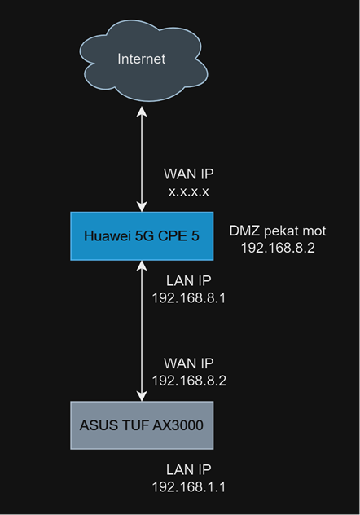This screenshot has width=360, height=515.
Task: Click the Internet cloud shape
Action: coord(143,61)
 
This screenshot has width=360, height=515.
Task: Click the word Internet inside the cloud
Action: coord(142,59)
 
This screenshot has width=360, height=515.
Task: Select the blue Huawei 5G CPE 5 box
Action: coord(142,236)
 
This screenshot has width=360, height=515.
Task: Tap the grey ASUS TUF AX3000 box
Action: coord(142,425)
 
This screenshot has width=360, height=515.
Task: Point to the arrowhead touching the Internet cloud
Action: coord(142,112)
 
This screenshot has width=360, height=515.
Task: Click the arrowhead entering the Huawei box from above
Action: coord(142,207)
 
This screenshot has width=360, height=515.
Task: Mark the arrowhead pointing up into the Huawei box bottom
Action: coord(142,266)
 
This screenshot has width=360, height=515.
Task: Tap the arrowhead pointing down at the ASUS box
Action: coord(142,396)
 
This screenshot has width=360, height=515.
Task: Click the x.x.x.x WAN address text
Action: coord(189,191)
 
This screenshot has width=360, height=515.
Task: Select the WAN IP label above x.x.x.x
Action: coord(189,174)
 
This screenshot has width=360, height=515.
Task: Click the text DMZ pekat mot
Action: coord(278,231)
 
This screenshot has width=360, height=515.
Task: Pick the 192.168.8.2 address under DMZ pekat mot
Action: coord(278,248)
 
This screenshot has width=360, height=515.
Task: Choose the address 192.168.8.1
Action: coord(189,298)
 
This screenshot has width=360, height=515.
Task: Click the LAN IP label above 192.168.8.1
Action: coord(189,281)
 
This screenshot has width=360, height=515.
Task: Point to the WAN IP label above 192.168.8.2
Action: coord(189,363)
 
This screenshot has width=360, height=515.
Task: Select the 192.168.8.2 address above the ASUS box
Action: coord(189,381)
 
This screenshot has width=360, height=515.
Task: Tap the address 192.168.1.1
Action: coord(189,487)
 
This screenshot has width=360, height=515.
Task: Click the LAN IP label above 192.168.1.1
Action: coord(189,470)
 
